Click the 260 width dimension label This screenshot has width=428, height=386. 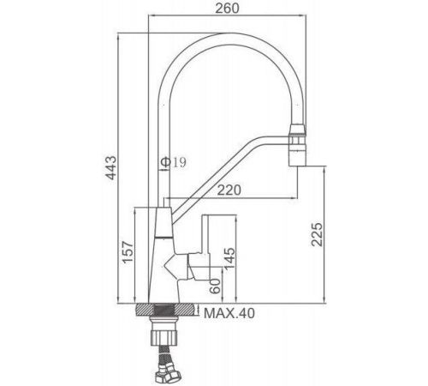point(227,8)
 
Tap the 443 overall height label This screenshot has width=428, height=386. point(111,168)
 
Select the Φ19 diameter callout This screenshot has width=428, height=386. point(173,162)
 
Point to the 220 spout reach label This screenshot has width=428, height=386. point(229,190)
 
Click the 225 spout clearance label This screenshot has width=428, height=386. point(317,234)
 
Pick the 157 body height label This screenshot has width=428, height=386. point(128,252)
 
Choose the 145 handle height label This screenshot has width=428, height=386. point(229,259)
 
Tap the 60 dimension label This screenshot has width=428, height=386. point(216,286)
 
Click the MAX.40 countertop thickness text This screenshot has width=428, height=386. point(229,313)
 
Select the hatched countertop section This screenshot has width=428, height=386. point(167,310)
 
